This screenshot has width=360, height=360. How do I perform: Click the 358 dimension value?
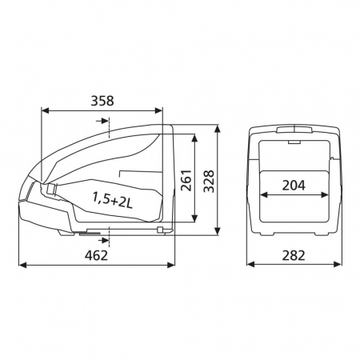pyautogui.click(x=102, y=101)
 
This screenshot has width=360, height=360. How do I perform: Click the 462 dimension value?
pyautogui.click(x=96, y=255)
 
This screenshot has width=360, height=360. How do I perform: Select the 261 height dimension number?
pyautogui.click(x=186, y=180)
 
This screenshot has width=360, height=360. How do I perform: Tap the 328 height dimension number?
pyautogui.click(x=209, y=181)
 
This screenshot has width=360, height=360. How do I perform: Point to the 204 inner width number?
pyautogui.click(x=294, y=186)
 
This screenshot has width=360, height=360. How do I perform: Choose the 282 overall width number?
pyautogui.click(x=294, y=255)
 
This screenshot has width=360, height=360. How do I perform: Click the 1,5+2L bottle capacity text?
pyautogui.click(x=113, y=200)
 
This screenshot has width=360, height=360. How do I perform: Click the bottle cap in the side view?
pyautogui.click(x=50, y=189)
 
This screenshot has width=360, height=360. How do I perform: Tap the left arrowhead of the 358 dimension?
pyautogui.click(x=46, y=110)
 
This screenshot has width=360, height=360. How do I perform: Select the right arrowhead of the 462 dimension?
pyautogui.click(x=171, y=265)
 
